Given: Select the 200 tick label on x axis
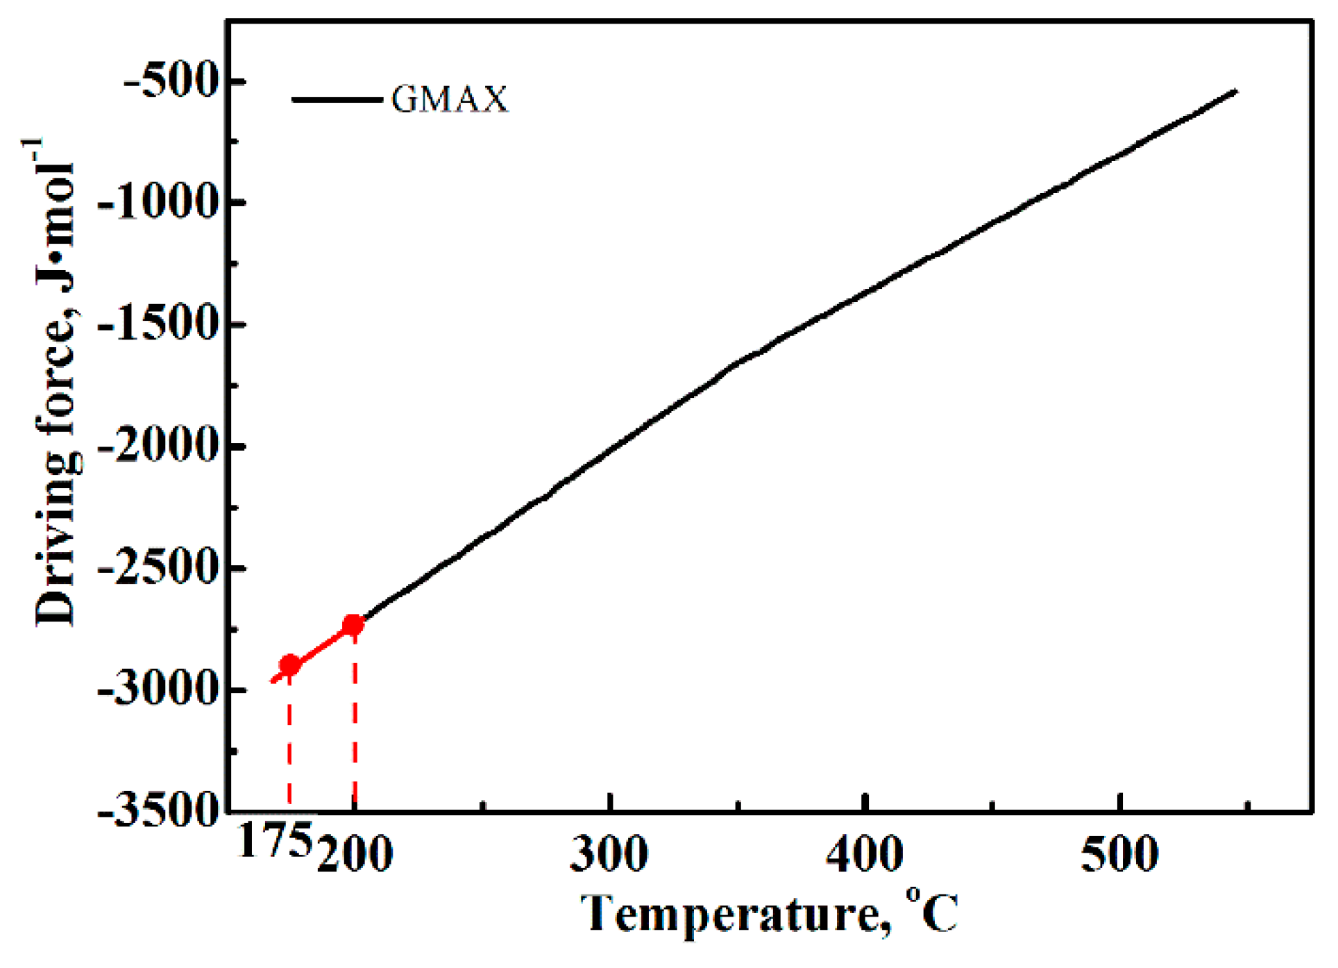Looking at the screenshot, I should [x=355, y=854].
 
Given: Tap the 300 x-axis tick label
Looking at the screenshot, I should [x=609, y=854].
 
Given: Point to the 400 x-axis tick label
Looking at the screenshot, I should [x=865, y=854].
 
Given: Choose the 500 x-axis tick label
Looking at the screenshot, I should [x=1120, y=854].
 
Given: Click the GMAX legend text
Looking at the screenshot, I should [x=450, y=99].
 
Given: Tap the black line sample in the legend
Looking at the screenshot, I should [x=337, y=100].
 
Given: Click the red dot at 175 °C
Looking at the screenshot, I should [x=289, y=665].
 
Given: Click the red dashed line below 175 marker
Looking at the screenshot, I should [x=289, y=743].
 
